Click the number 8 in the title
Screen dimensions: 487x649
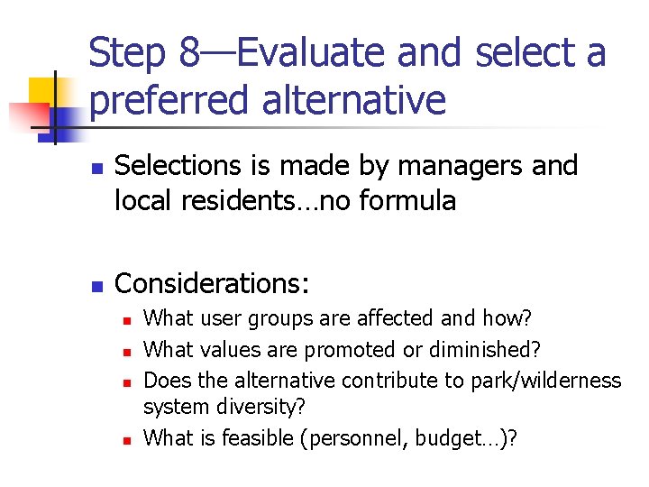pos(189,53)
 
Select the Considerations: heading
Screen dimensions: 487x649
pos(213,284)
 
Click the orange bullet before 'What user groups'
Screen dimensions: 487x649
pos(127,320)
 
